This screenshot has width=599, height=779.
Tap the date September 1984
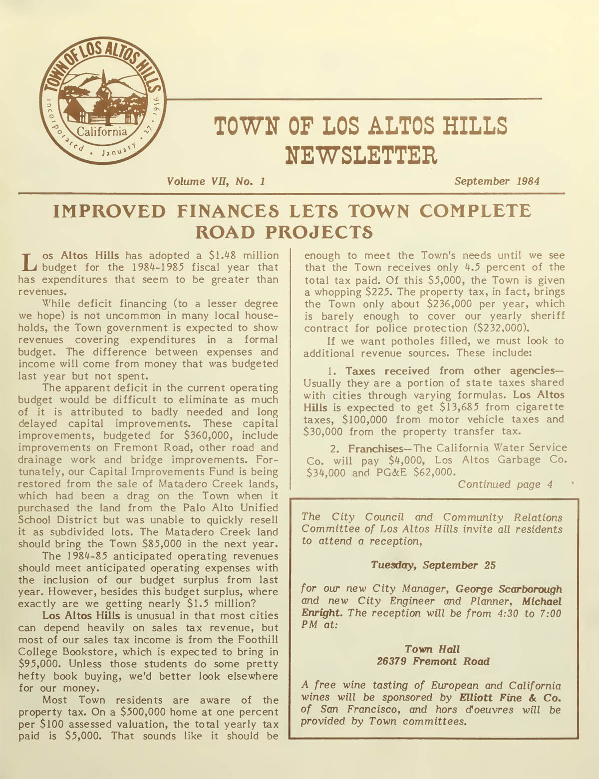[497, 181]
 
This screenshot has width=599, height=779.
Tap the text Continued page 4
[505, 484]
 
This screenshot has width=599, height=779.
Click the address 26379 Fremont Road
[433, 662]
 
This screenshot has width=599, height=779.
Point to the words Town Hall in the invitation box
[432, 649]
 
